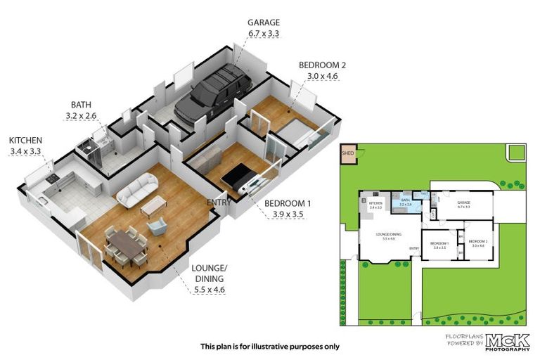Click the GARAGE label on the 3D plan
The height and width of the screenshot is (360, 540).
[x=263, y=22]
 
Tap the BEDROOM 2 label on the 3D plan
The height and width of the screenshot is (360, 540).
[x=322, y=65]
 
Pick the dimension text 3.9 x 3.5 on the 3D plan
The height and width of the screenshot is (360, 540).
[x=287, y=214]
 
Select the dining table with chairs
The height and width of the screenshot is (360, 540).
[x=127, y=245]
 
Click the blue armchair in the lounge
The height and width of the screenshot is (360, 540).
[x=157, y=226]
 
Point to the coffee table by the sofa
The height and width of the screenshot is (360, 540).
[x=154, y=205]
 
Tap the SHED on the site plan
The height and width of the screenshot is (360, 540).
[x=347, y=153]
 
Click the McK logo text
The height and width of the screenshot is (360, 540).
[x=505, y=339]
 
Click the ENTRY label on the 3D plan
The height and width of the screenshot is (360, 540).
[x=219, y=202]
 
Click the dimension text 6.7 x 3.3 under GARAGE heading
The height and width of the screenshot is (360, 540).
[x=263, y=34]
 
